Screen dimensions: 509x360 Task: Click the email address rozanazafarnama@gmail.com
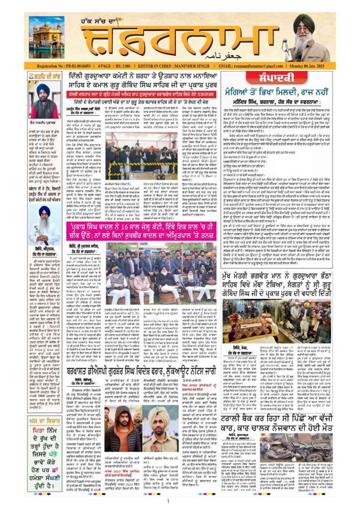[257, 66]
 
